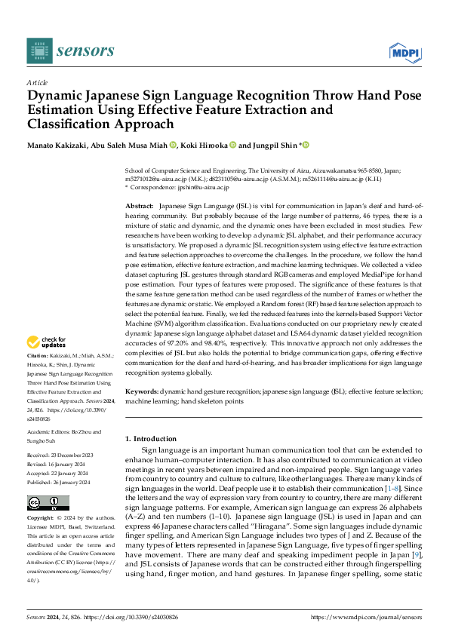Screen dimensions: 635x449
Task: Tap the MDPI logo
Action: [x=404, y=51]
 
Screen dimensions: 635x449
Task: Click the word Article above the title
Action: [x=36, y=81]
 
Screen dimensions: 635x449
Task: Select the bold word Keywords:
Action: [x=142, y=392]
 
